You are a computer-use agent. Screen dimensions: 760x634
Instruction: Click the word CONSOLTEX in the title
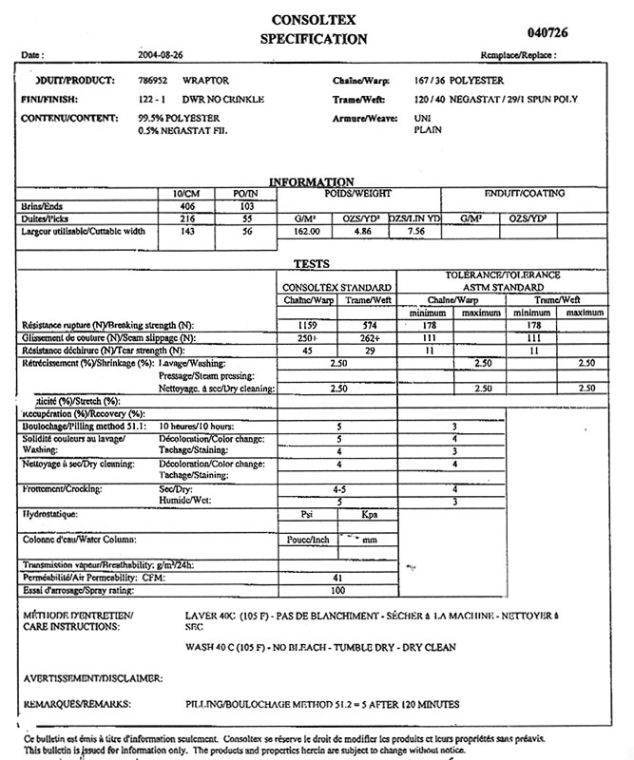point(313,19)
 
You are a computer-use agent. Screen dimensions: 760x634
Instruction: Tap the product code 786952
point(155,82)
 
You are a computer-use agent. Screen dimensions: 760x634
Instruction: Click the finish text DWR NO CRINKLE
point(223,99)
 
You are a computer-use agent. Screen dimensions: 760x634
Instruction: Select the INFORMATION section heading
point(312,181)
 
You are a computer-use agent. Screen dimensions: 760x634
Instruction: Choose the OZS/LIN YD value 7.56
point(414,230)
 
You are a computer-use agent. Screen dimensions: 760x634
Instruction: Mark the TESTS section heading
point(311,263)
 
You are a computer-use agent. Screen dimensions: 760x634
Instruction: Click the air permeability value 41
point(336,577)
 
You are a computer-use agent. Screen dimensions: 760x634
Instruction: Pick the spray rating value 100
point(336,590)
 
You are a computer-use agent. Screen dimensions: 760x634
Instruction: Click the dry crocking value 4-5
point(339,488)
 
